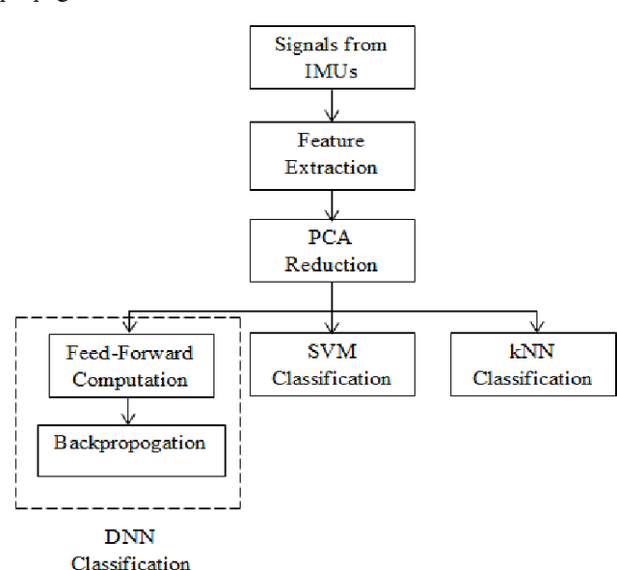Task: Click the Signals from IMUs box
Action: [331, 57]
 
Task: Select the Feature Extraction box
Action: [331, 153]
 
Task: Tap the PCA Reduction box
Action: [331, 250]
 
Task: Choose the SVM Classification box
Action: [332, 365]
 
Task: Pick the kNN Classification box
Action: [532, 365]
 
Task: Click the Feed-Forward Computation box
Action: [130, 366]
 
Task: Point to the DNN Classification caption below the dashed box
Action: [130, 549]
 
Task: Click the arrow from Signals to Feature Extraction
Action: [332, 104]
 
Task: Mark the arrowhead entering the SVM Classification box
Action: [332, 326]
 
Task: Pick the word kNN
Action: [532, 353]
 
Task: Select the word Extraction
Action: [331, 167]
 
